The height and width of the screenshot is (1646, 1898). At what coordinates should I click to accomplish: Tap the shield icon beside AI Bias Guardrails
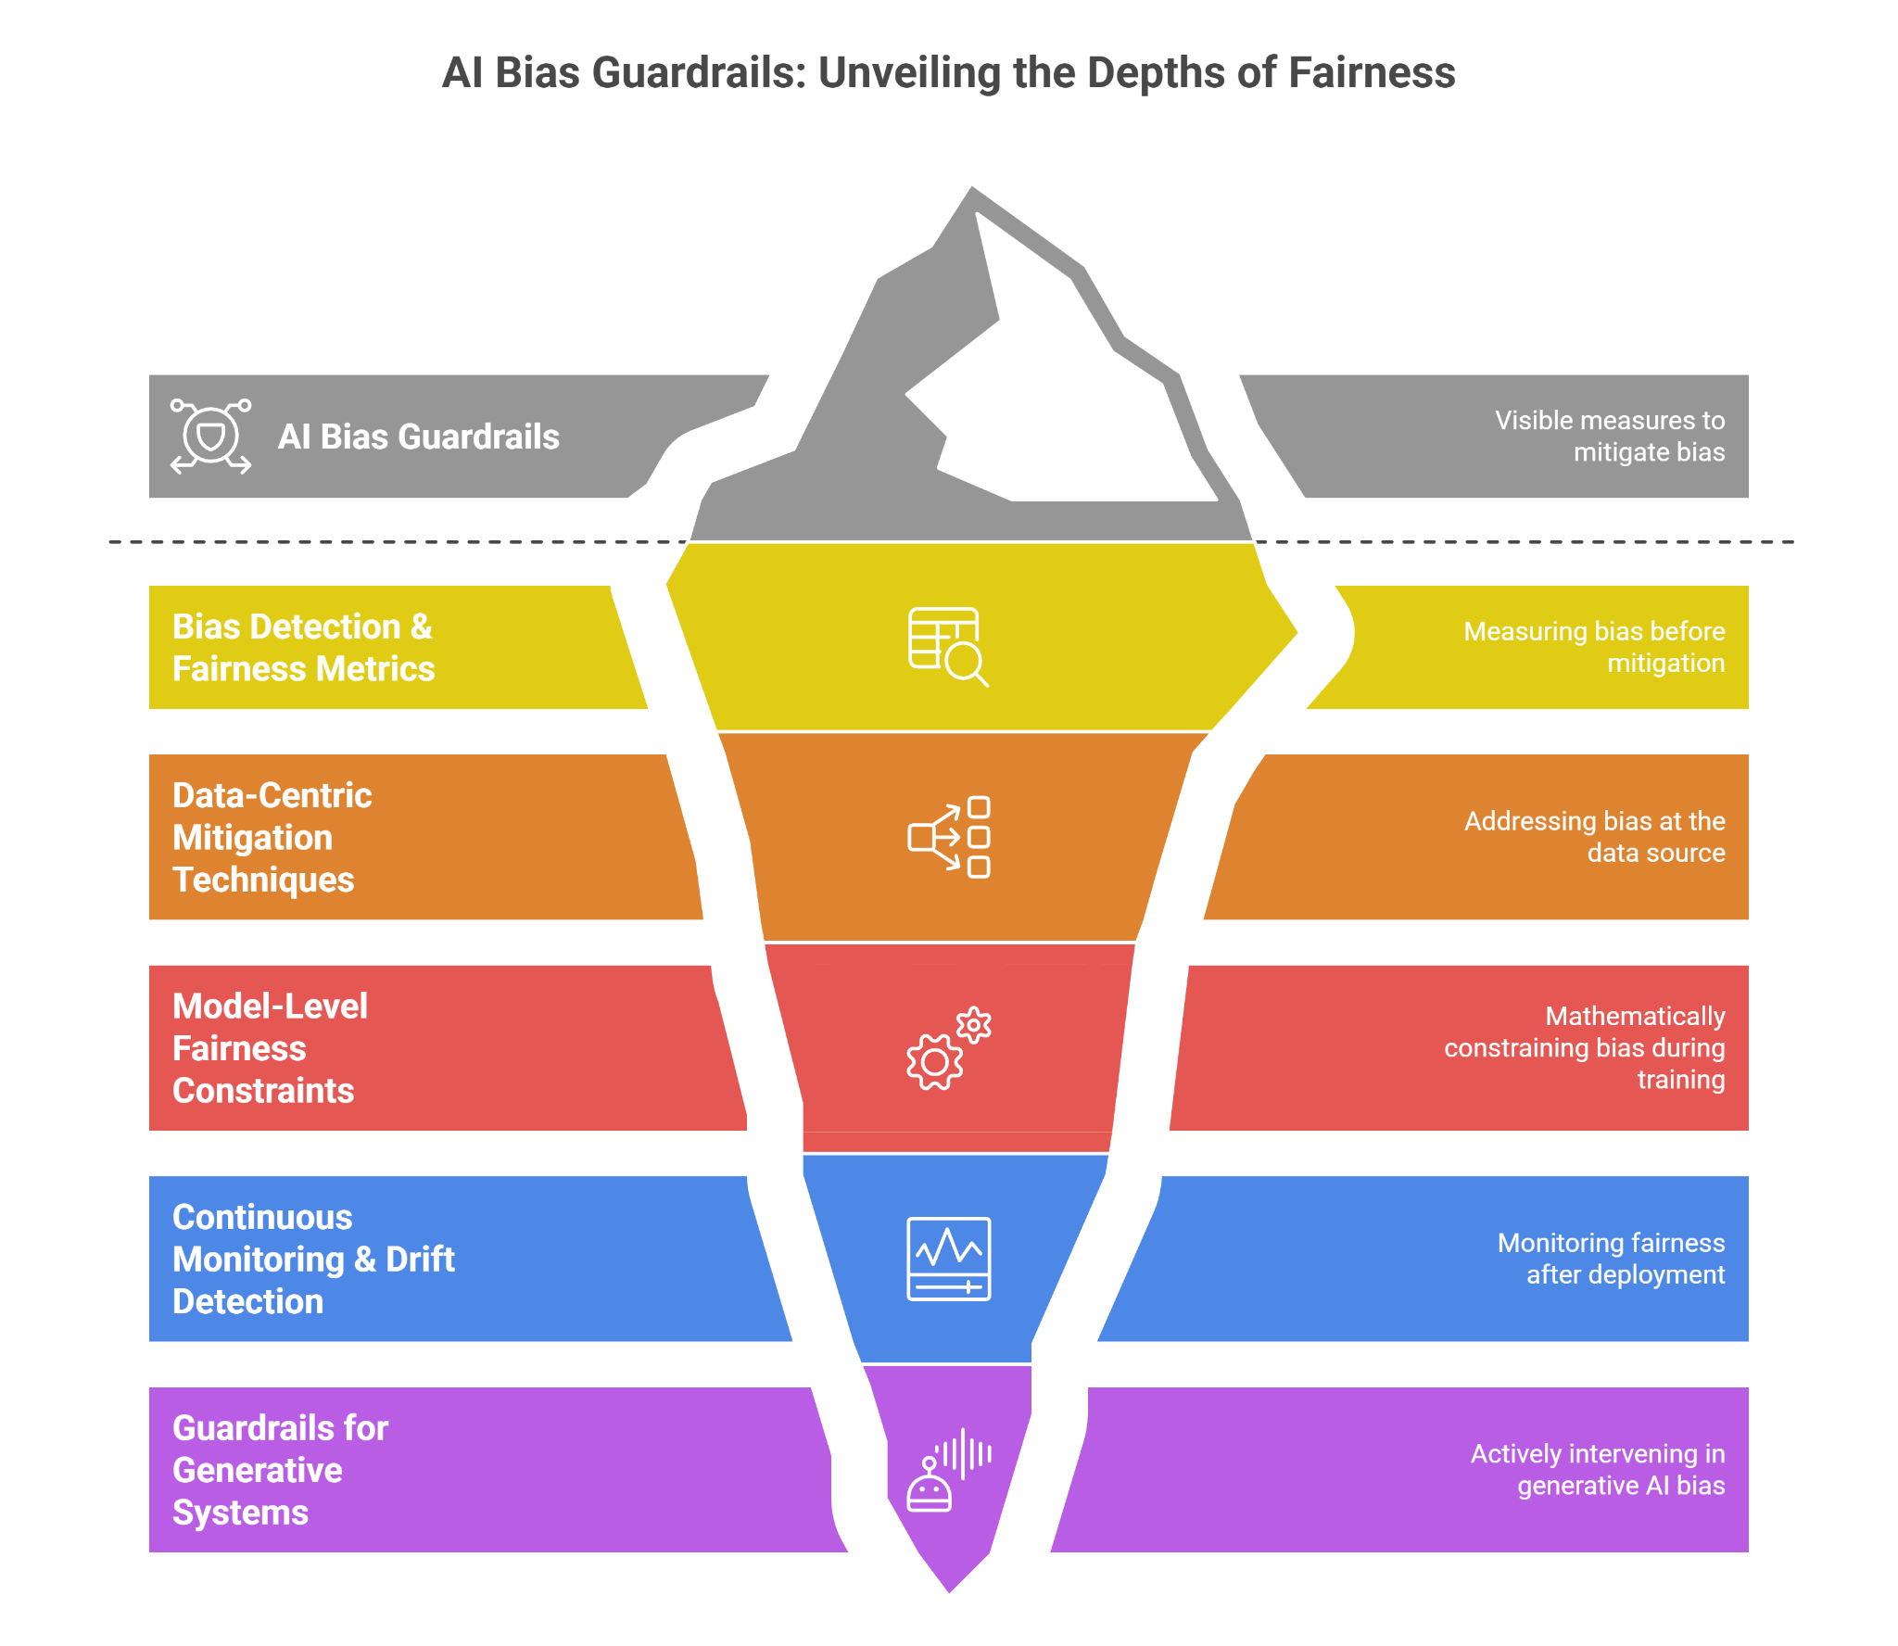211,437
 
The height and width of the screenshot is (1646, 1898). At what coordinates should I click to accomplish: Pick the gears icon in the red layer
948,1048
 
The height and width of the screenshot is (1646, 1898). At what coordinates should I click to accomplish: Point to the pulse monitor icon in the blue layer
948,1259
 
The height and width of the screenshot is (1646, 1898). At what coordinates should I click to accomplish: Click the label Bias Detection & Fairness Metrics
303,648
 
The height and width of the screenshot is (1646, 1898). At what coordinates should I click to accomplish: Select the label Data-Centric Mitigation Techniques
272,838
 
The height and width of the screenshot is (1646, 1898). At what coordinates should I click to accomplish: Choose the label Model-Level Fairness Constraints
270,1048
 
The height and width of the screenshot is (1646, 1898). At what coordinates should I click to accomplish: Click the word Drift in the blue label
420,1260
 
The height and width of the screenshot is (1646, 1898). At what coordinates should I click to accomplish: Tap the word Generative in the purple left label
258,1471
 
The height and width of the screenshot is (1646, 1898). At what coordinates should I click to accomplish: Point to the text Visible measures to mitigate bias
1610,437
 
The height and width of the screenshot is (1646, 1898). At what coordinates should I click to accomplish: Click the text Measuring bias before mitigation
1594,647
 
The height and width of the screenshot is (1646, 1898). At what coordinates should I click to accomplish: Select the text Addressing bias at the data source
1594,837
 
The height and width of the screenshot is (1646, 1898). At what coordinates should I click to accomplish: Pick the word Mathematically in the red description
1635,1017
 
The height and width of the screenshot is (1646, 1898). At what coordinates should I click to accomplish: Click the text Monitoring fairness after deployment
1611,1259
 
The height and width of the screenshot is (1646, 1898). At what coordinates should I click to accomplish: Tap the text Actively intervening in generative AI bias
1598,1470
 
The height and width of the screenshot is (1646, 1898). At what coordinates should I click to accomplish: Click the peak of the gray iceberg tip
971,185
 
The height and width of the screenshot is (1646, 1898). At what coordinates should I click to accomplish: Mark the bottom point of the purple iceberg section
950,1594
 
